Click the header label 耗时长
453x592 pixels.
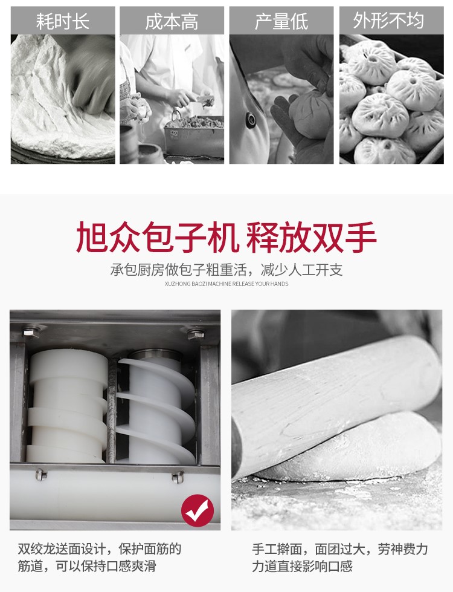[x=63, y=21]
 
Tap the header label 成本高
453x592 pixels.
[x=172, y=21]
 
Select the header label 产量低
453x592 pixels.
[x=281, y=21]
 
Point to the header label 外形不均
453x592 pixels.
[x=388, y=21]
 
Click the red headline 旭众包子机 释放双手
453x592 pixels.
[x=226, y=237]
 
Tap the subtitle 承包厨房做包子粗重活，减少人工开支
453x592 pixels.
[x=226, y=270]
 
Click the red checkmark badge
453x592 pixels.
[x=198, y=510]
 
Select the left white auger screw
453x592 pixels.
[x=67, y=406]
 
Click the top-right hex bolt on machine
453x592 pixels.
[x=196, y=334]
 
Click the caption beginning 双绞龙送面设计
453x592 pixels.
[x=100, y=558]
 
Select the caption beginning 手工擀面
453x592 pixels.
[x=340, y=558]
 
